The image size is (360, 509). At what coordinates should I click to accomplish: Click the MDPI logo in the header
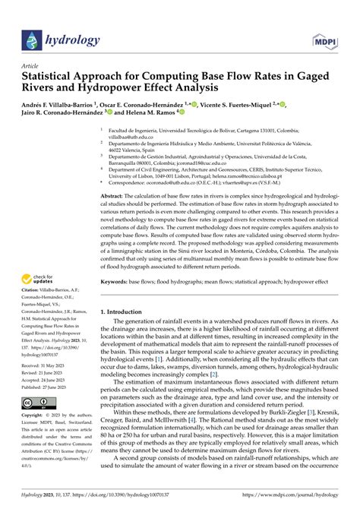[327, 37]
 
